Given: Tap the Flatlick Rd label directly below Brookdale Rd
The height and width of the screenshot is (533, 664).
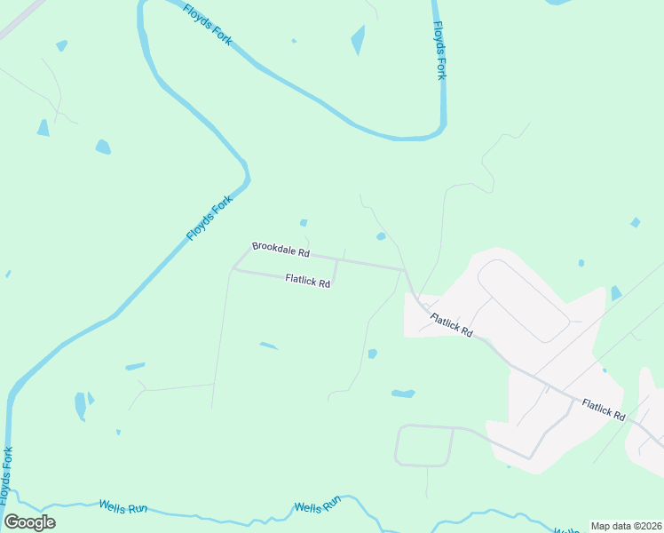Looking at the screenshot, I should pos(308,281).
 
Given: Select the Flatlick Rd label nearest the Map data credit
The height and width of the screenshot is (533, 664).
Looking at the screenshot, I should pos(604,410).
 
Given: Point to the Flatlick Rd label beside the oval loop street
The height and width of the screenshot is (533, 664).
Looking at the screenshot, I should pos(452,325).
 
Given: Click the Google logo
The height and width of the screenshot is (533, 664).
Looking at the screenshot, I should pos(29,522).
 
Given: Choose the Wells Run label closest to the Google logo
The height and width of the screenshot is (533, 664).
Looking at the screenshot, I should pos(123,507).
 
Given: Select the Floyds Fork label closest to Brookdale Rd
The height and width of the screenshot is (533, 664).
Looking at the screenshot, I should pos(202,218).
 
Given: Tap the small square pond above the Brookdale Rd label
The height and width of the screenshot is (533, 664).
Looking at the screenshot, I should pos(304,223).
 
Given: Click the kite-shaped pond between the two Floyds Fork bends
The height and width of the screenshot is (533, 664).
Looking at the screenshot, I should pos(358,40).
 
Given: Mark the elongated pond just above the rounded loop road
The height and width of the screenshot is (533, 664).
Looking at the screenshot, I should pos(403,393).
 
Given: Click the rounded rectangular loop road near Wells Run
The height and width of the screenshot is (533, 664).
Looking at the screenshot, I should pos(424,445).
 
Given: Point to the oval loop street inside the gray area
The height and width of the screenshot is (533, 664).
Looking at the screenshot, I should pos(524,300).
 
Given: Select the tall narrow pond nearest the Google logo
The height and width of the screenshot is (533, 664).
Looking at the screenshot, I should pos(80,406).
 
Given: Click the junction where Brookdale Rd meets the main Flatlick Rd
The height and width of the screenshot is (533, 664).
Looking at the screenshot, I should pos(406,270).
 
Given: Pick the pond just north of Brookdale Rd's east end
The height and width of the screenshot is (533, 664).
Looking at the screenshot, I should pos(381,236).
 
